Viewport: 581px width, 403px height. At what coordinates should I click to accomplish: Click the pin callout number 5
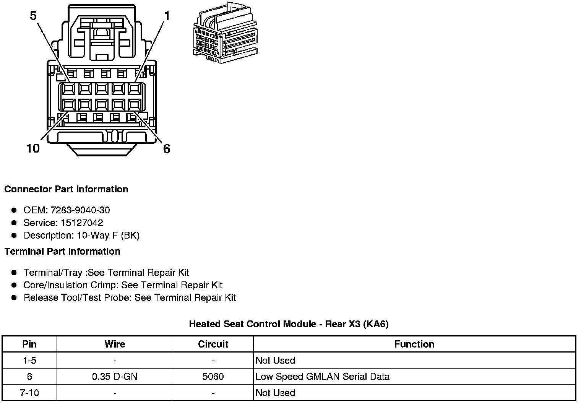[33, 16]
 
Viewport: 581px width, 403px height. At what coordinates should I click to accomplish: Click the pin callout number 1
[167, 16]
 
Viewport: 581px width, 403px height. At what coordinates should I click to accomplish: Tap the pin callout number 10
[33, 148]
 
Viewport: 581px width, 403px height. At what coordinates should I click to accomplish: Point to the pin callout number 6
[167, 149]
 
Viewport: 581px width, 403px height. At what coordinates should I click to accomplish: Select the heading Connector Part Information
[66, 189]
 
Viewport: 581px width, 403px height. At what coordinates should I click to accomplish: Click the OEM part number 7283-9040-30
[80, 210]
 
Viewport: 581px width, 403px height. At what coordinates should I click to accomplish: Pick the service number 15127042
[82, 223]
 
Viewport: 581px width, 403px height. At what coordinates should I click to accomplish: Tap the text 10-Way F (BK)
[108, 235]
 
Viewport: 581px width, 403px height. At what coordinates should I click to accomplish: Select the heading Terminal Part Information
[62, 251]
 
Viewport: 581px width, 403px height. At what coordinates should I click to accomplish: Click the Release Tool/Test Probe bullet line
[130, 297]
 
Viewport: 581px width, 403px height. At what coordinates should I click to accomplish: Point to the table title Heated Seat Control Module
[289, 324]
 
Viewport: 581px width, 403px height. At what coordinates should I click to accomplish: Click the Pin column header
[29, 344]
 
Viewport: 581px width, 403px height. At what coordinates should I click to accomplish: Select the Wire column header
[115, 344]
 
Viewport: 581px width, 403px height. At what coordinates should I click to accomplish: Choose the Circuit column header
[213, 344]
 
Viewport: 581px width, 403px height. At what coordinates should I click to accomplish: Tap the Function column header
[414, 344]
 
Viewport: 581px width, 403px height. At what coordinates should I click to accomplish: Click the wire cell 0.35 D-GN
[115, 377]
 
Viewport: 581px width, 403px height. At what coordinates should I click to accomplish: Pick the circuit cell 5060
[213, 377]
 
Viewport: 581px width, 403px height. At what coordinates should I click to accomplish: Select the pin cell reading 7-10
[29, 393]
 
